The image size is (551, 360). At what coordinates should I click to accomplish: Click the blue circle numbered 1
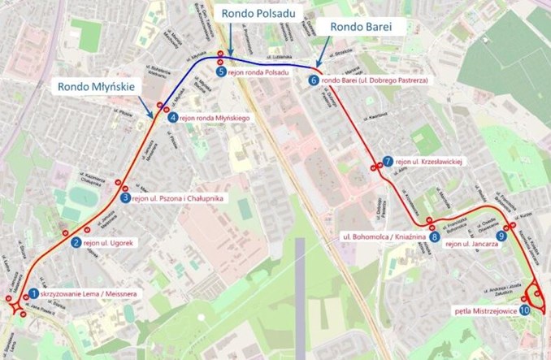[33, 293]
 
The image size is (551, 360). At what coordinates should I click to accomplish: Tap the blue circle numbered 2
[76, 241]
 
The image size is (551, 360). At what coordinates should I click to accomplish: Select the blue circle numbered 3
[124, 197]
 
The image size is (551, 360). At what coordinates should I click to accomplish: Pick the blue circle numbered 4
[173, 118]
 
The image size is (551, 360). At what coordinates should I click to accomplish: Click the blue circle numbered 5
[221, 72]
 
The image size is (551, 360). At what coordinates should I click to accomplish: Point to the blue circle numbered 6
[315, 80]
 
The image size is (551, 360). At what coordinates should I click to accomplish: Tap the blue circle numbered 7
[388, 161]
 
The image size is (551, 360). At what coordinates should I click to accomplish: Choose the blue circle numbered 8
[436, 237]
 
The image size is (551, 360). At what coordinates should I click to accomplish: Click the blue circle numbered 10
[524, 310]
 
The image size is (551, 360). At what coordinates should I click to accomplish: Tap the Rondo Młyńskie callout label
[98, 87]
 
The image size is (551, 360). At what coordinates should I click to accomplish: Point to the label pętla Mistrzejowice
[485, 310]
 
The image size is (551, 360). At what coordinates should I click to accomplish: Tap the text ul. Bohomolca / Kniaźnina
[384, 237]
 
